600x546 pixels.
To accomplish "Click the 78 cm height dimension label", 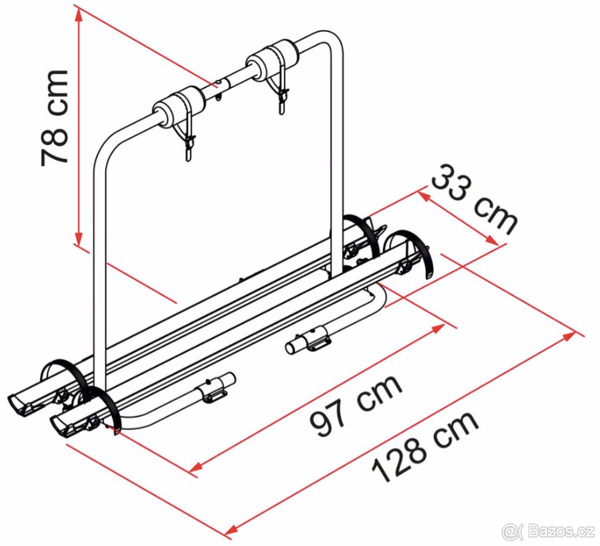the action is [54, 118].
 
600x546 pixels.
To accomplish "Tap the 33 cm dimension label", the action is [474, 200].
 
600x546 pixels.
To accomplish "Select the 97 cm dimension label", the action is [355, 405].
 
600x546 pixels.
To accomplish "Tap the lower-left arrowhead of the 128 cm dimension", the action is [231, 530].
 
